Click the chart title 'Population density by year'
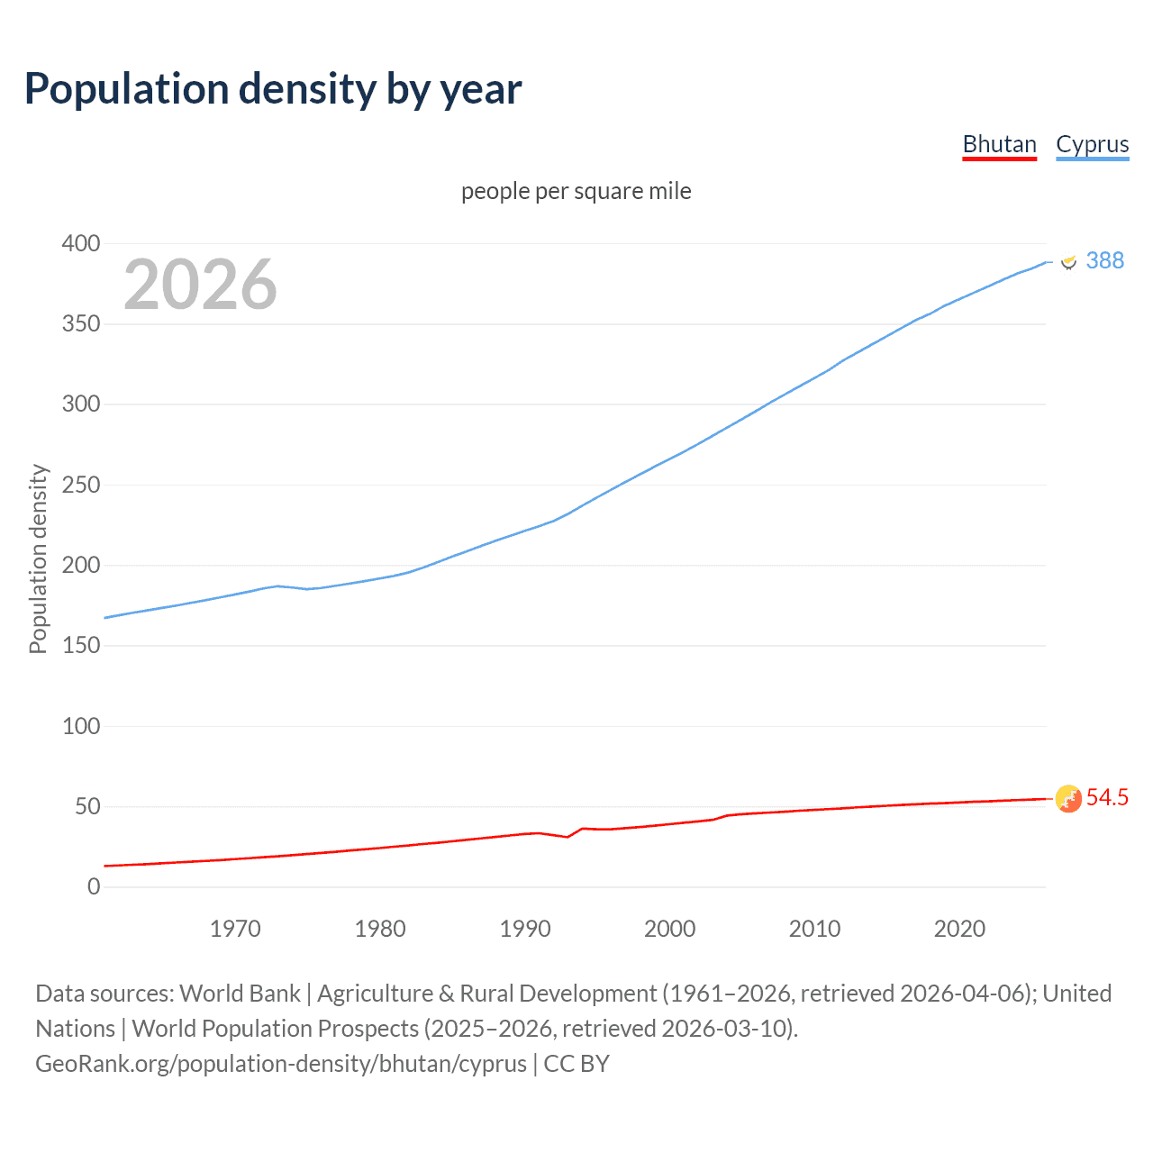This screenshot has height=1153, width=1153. (273, 89)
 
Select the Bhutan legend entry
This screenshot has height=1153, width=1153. (999, 144)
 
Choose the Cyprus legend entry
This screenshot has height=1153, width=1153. (1092, 144)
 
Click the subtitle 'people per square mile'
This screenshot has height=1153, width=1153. (576, 191)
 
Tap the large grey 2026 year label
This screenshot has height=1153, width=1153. (200, 285)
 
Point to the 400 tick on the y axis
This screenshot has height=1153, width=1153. (81, 243)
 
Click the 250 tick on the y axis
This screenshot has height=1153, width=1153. (81, 485)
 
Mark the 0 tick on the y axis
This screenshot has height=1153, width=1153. (94, 886)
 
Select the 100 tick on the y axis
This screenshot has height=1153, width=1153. (81, 726)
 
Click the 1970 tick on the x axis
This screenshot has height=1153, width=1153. (235, 929)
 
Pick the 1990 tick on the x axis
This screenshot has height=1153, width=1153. (525, 929)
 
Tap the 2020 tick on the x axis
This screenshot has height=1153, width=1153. (959, 929)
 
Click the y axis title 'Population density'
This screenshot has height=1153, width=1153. (38, 558)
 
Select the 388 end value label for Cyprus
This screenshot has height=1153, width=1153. (1104, 260)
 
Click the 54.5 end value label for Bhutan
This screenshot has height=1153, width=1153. (1107, 797)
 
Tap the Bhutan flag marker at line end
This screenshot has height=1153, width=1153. (1068, 798)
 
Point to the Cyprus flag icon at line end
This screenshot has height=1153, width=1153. (1068, 261)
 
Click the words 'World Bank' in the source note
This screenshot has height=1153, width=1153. (240, 994)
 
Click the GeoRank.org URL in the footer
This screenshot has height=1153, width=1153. (280, 1064)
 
